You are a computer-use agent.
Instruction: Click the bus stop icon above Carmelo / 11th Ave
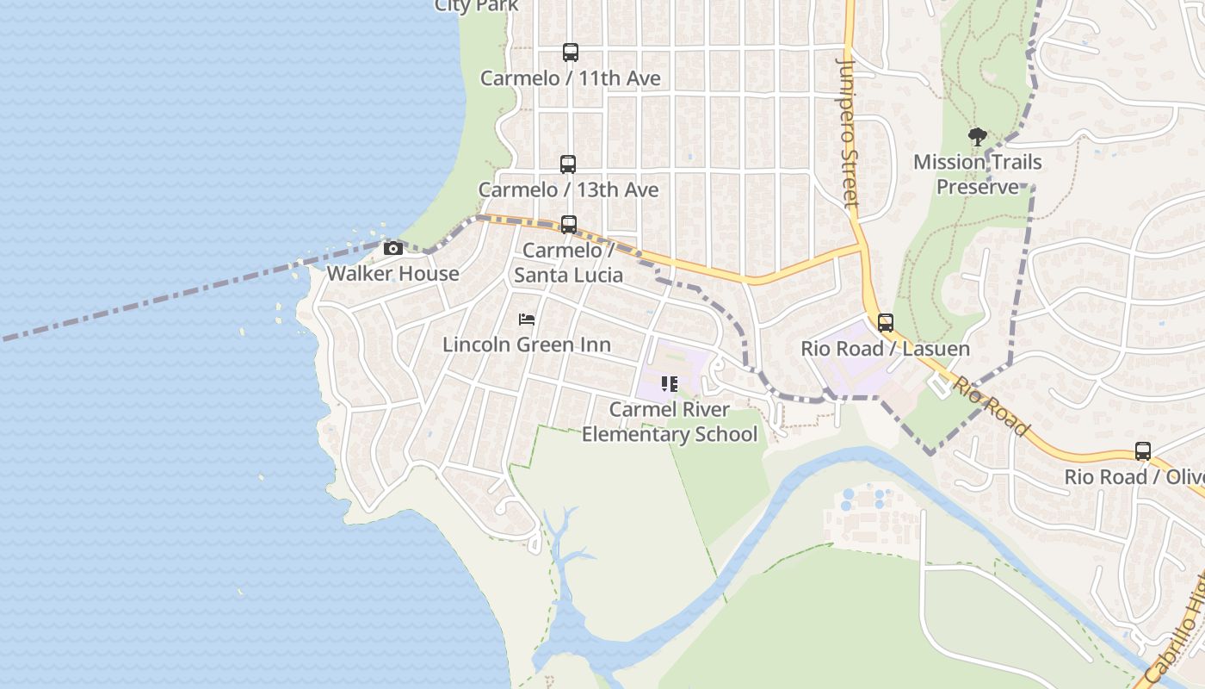[x=570, y=53]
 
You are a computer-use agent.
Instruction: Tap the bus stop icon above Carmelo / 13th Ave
[x=568, y=164]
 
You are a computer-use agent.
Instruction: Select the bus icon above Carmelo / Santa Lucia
[x=568, y=225]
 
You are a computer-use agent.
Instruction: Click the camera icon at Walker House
[x=393, y=249]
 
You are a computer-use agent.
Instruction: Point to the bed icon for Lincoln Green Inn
[x=527, y=320]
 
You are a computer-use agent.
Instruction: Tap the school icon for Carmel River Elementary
[x=670, y=384]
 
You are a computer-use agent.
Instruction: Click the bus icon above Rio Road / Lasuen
[x=886, y=324]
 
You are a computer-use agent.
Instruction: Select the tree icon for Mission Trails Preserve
[x=977, y=137]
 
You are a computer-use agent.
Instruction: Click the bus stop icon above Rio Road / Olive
[x=1143, y=451]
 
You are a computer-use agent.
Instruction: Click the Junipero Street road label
[x=849, y=133]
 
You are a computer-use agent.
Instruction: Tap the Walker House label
[x=392, y=274]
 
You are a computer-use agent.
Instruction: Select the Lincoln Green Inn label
[x=527, y=344]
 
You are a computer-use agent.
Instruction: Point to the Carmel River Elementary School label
[x=670, y=422]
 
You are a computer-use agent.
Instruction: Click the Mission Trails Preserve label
[x=978, y=174]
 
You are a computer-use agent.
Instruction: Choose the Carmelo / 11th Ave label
[x=570, y=78]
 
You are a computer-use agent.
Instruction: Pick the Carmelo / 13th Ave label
[x=568, y=189]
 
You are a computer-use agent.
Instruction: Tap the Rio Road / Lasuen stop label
[x=885, y=349]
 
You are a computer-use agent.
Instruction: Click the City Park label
[x=477, y=6]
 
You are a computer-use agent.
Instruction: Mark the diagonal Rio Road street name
[x=991, y=407]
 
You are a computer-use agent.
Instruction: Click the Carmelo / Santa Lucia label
[x=568, y=263]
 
